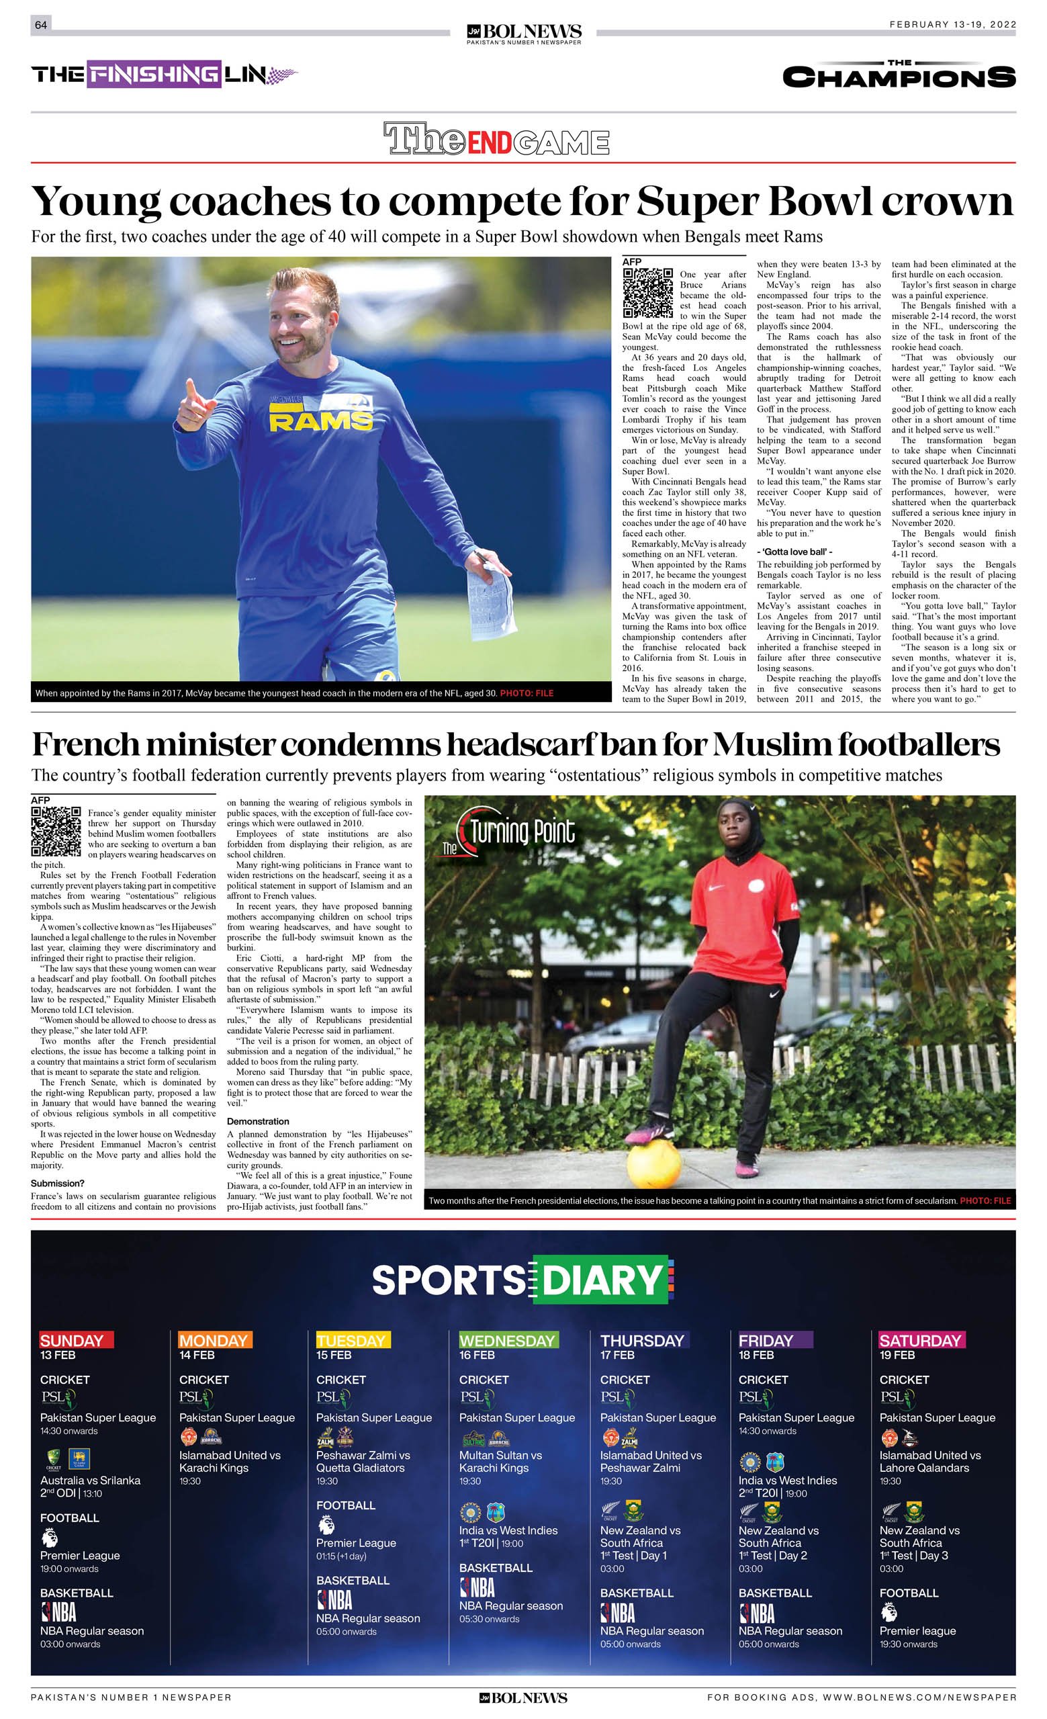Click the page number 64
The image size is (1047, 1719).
[x=40, y=25]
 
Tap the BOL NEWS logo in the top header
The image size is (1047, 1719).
[x=524, y=32]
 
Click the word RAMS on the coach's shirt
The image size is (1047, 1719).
[x=320, y=421]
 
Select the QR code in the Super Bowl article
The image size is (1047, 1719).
[x=647, y=292]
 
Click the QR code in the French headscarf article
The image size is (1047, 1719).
[x=56, y=832]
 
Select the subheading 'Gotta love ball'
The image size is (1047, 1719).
[x=794, y=552]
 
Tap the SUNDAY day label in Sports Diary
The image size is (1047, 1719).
[x=72, y=1340]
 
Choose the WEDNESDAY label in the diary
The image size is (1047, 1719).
[x=507, y=1340]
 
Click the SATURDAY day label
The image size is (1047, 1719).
[x=920, y=1340]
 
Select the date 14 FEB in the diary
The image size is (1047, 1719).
[x=197, y=1355]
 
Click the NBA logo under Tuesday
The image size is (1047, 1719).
[x=334, y=1599]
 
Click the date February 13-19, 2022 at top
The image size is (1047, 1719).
[x=952, y=24]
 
